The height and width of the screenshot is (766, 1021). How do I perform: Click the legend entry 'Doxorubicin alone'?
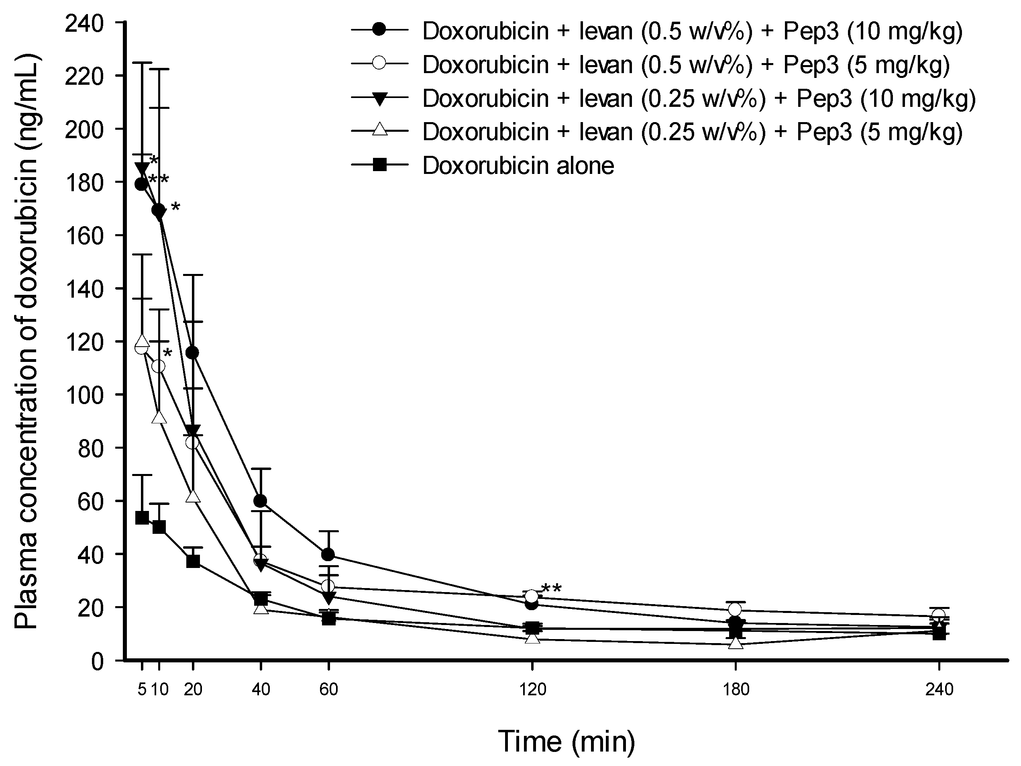click(518, 166)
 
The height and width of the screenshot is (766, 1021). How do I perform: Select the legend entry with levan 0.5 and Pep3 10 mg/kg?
click(692, 31)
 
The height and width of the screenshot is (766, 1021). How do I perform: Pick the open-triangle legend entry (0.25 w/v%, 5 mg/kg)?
click(692, 132)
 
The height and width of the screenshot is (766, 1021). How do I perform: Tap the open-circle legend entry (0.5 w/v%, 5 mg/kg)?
click(686, 65)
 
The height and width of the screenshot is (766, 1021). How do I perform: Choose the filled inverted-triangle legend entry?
click(699, 98)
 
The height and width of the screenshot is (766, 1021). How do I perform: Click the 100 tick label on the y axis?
click(84, 395)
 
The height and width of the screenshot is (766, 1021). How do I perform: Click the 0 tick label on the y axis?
click(97, 662)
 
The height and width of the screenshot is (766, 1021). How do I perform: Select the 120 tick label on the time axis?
click(532, 690)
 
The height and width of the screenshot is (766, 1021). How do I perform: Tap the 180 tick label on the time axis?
click(736, 690)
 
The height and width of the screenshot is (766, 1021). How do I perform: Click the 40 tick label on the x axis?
click(261, 690)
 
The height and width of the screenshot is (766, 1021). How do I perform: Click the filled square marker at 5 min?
click(142, 518)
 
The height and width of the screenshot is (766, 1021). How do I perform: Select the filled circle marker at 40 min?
click(260, 501)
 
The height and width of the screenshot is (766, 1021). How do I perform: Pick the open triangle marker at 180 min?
click(736, 643)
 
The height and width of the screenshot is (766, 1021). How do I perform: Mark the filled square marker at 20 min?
click(193, 562)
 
